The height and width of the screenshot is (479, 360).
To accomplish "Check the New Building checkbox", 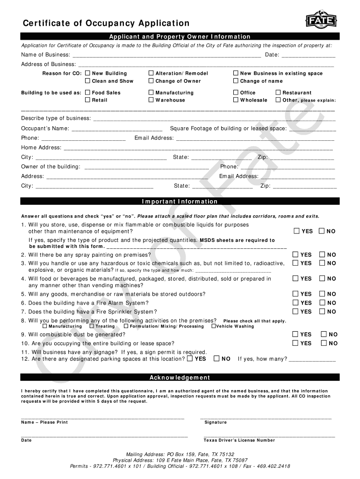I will click(x=87, y=73).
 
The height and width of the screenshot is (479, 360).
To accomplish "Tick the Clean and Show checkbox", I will click(x=87, y=81).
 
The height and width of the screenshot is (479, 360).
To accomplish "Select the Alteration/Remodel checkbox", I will click(x=151, y=73).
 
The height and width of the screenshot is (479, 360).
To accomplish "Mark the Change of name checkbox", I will click(x=236, y=81).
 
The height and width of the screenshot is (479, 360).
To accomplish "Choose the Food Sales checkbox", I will click(x=87, y=93).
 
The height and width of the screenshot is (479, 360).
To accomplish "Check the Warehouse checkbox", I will click(x=151, y=100).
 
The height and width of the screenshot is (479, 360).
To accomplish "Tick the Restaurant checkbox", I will click(x=278, y=93).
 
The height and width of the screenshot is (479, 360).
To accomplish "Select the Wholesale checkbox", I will click(x=236, y=100).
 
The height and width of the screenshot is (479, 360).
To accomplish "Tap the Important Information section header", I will click(x=180, y=202).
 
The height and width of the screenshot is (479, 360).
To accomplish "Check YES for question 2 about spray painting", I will click(x=296, y=254).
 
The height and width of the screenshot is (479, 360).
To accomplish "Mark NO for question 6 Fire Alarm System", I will click(x=322, y=303).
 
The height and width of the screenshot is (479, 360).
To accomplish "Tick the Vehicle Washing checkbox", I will click(x=214, y=326).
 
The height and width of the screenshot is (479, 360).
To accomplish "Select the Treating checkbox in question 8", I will click(x=92, y=326).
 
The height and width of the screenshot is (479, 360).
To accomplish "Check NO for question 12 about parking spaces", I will click(x=216, y=359).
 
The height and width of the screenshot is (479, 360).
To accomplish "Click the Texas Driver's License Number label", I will click(x=239, y=440).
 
